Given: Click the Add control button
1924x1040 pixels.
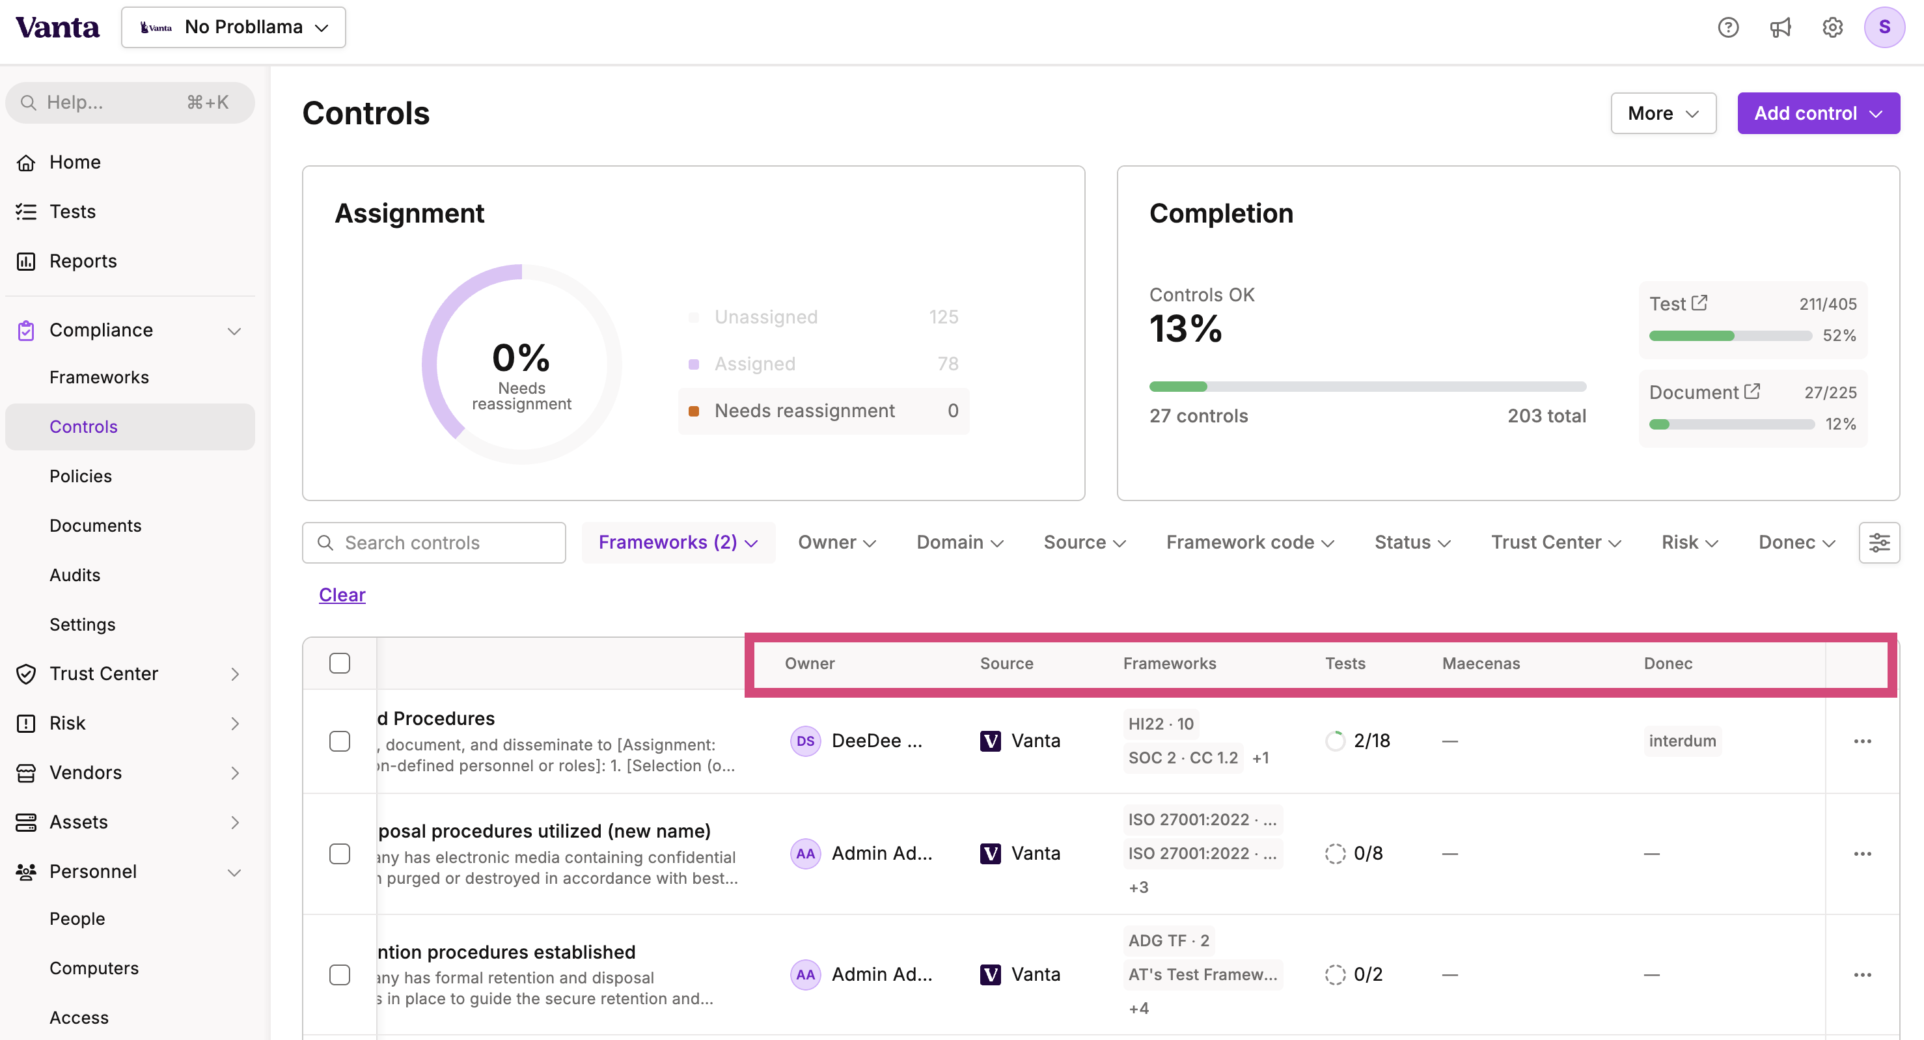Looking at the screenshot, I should [1817, 113].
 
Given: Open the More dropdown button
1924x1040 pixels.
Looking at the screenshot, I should [1662, 113].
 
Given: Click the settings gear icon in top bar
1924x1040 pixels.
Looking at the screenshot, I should [1832, 27].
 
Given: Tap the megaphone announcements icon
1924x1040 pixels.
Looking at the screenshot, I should [1780, 27].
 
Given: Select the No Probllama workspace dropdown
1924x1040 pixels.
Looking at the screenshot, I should [233, 27].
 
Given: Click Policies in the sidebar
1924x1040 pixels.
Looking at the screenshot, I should [81, 476].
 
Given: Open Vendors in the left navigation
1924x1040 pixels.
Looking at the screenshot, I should [85, 773].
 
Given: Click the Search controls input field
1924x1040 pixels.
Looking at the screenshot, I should [434, 543].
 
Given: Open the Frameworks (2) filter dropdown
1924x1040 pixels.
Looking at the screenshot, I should [678, 543].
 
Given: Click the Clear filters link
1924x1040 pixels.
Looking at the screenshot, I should [342, 595].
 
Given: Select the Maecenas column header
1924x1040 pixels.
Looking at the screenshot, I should [1480, 664].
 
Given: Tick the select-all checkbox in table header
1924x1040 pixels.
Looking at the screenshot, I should [340, 664].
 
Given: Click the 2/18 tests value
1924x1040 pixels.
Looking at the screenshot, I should [1371, 741].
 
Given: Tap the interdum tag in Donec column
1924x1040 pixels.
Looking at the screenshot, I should [1682, 741].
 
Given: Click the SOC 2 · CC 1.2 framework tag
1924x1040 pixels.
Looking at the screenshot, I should [1183, 758].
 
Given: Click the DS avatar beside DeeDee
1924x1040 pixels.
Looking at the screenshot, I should [805, 741].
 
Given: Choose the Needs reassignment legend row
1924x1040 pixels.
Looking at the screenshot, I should [823, 411].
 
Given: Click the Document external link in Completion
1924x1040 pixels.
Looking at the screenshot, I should [1752, 391].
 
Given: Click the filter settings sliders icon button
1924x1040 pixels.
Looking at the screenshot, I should [1878, 543].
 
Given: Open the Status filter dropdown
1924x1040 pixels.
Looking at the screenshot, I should [1412, 543].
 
